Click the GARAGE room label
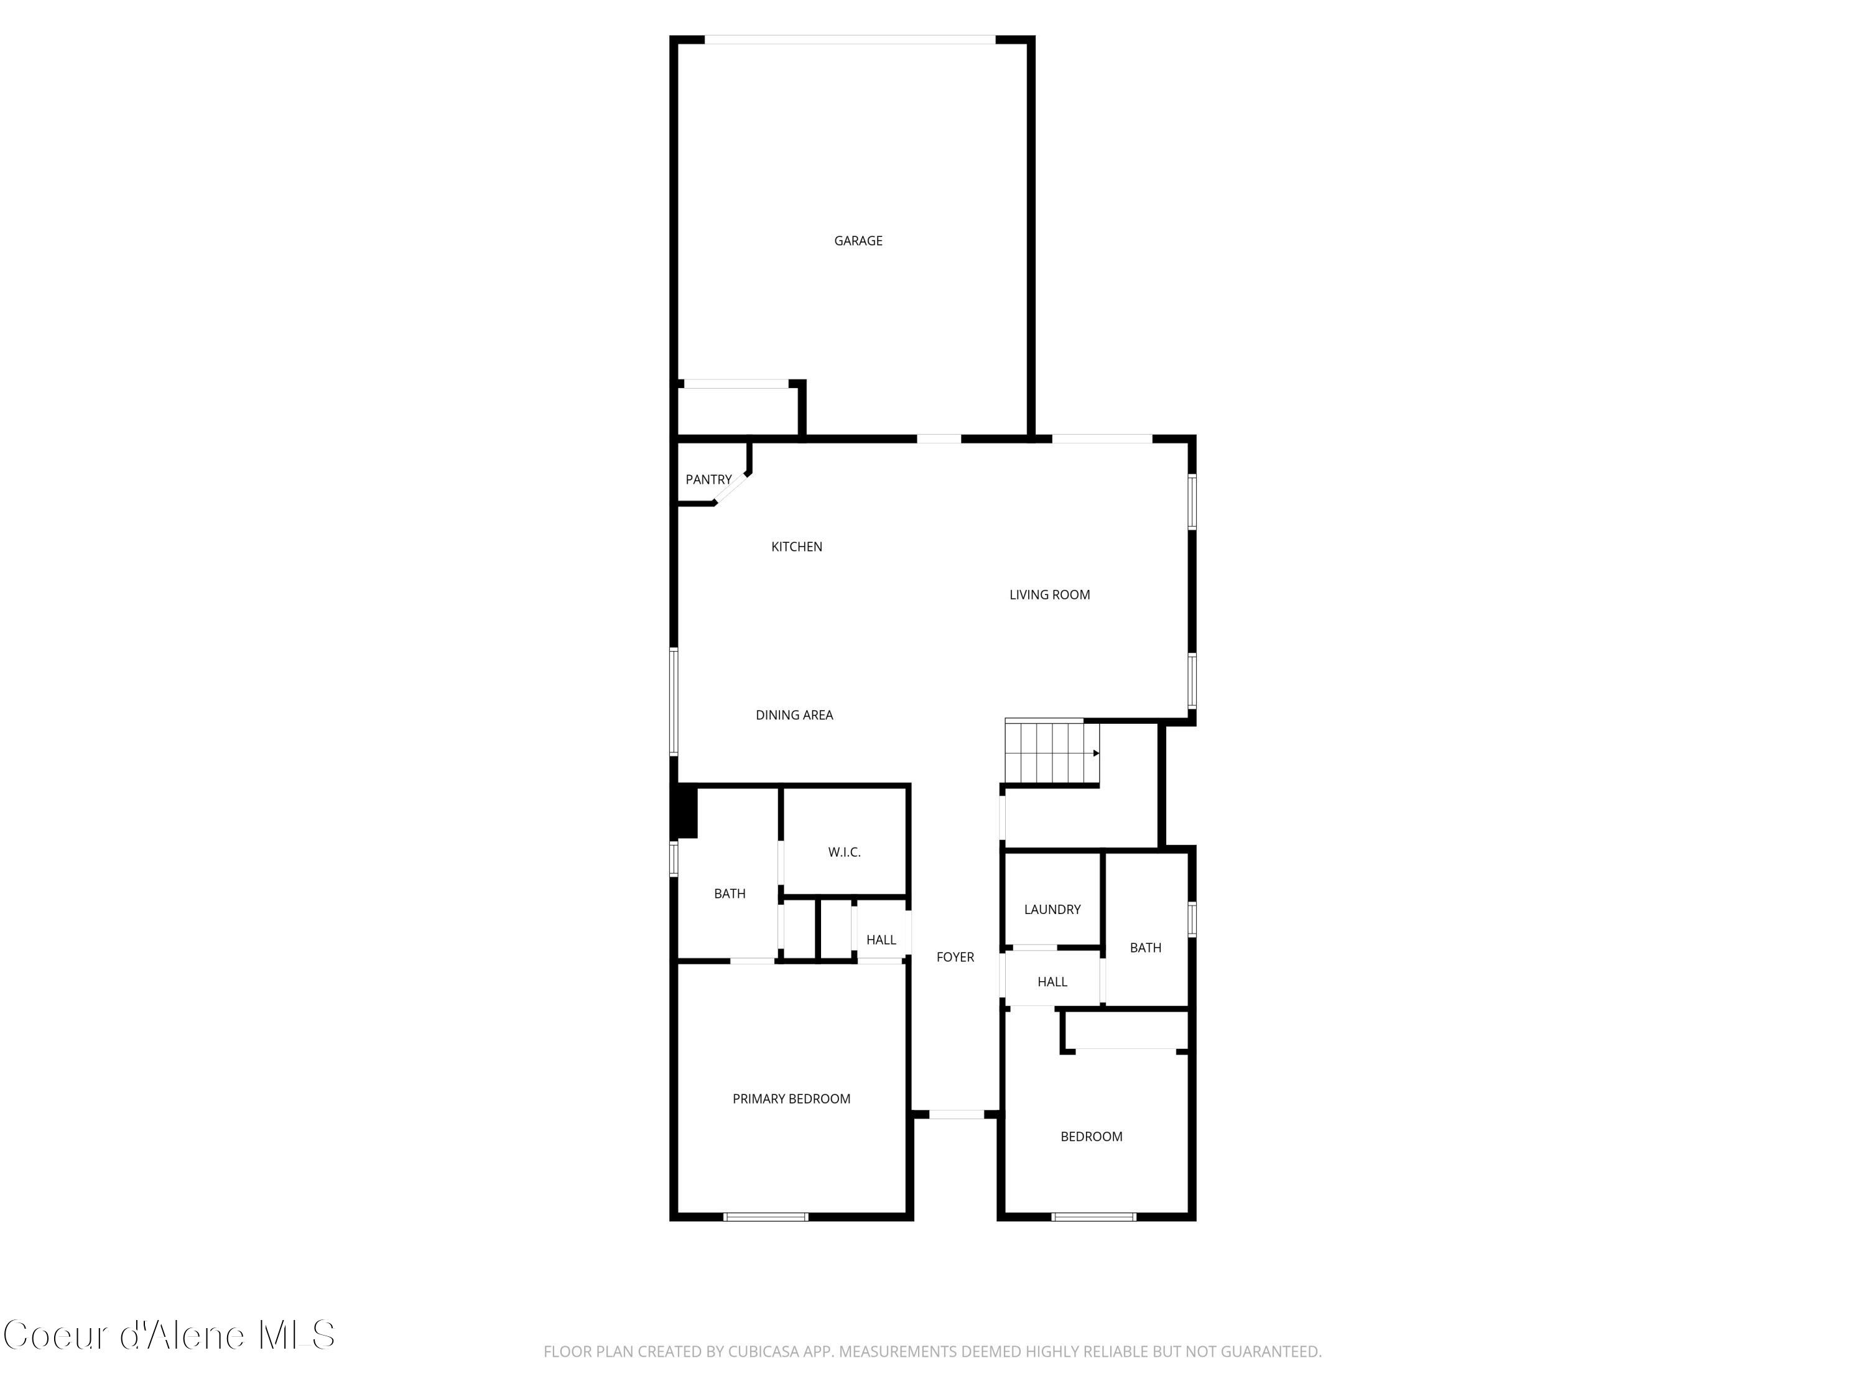click(858, 241)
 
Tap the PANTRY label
click(708, 480)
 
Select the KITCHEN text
click(796, 547)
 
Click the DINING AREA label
click(794, 715)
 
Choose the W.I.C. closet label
click(843, 852)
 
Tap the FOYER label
click(955, 957)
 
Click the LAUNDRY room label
click(1052, 910)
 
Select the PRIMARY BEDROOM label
click(791, 1099)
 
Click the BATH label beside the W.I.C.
click(730, 894)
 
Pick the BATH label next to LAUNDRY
click(1144, 948)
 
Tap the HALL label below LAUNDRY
click(1052, 982)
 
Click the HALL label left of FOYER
click(881, 940)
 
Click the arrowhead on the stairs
click(1096, 753)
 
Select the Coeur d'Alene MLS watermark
click(169, 1335)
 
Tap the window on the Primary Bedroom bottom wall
click(766, 1217)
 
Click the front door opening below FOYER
click(957, 1115)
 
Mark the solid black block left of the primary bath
click(687, 811)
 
